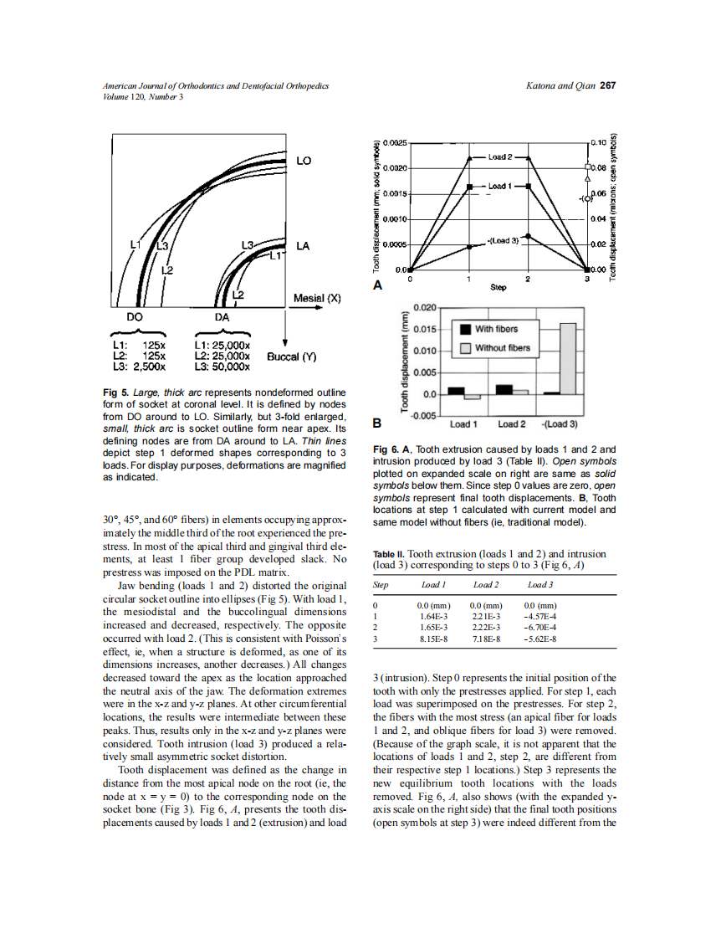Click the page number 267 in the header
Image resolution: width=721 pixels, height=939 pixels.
(x=608, y=86)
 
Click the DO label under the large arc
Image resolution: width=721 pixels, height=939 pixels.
(x=135, y=317)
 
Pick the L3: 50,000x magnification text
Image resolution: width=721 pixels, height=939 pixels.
(x=222, y=366)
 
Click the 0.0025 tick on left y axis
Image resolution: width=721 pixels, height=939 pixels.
(x=396, y=143)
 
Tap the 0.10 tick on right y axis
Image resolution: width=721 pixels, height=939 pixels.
(x=598, y=143)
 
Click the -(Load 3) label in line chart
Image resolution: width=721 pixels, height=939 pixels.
(x=503, y=240)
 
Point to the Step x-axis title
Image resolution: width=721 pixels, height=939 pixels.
(x=498, y=287)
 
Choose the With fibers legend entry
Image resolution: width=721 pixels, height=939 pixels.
(x=496, y=329)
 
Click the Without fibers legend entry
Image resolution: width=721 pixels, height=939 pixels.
(x=502, y=347)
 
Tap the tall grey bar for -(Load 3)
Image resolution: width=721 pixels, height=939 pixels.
(x=568, y=358)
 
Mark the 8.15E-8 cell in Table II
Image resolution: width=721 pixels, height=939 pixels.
(x=432, y=639)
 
